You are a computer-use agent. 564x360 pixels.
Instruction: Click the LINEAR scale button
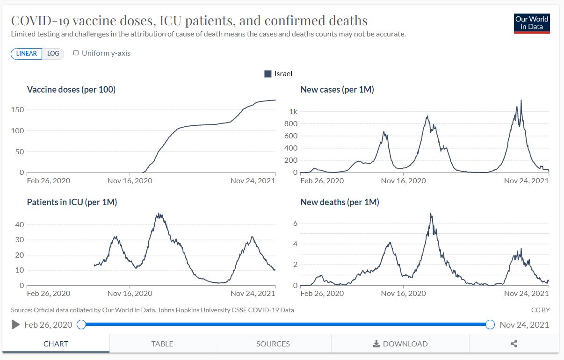point(27,53)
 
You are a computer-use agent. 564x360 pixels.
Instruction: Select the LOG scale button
point(53,53)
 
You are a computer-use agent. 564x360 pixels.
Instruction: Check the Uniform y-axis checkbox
point(76,53)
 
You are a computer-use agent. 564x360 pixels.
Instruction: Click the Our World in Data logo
point(531,23)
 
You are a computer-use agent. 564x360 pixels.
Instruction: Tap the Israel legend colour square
point(268,74)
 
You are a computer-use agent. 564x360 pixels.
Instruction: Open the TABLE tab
point(162,344)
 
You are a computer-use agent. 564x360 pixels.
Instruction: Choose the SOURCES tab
point(273,344)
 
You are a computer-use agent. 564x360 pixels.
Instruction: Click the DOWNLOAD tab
point(400,344)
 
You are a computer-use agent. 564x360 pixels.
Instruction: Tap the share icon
point(514,344)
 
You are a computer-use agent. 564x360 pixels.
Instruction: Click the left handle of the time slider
point(81,324)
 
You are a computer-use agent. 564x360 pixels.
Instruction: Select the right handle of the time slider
point(490,324)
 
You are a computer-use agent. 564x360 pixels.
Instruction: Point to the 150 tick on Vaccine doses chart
point(18,110)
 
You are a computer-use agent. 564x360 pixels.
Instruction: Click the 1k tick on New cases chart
point(293,112)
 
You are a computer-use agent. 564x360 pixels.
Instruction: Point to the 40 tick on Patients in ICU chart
point(20,224)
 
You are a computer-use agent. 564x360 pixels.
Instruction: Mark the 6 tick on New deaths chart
point(295,223)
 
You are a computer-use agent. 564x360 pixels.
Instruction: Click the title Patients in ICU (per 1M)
point(72,202)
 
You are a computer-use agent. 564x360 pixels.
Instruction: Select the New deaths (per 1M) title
point(340,202)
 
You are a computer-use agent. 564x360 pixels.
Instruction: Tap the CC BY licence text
point(541,310)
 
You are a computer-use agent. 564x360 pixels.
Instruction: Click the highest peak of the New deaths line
point(431,214)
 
